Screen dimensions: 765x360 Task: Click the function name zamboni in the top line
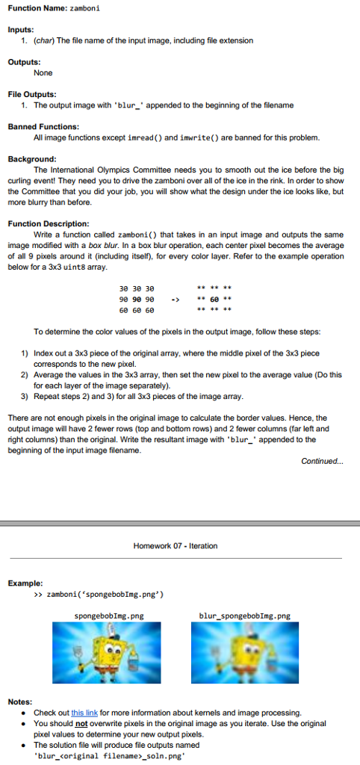(85, 7)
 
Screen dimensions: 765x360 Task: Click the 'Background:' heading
(32, 159)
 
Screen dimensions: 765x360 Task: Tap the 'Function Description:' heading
(49, 223)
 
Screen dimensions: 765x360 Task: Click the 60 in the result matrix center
(222, 300)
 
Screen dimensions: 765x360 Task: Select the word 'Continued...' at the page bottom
(323, 461)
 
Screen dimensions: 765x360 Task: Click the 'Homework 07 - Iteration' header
(176, 546)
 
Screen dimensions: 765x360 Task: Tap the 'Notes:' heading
(20, 702)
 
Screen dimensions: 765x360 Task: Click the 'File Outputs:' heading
(32, 94)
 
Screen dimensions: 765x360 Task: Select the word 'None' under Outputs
(43, 72)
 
